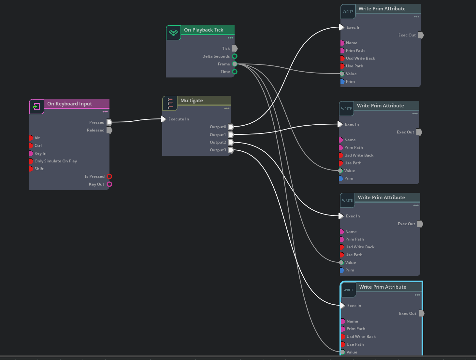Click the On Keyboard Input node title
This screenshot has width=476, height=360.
(x=69, y=104)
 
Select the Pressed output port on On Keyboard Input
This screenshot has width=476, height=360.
(x=109, y=122)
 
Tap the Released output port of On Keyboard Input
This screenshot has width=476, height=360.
(x=109, y=130)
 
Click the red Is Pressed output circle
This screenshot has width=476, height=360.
(x=109, y=176)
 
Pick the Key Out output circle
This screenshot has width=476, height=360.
(x=109, y=184)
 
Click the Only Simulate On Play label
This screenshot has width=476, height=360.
(x=56, y=161)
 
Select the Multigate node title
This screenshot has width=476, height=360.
(x=192, y=101)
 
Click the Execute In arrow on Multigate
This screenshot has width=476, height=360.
(x=164, y=119)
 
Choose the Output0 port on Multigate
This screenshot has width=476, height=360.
(x=231, y=127)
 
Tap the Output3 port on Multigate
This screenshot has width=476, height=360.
(x=231, y=150)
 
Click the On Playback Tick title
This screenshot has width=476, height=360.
(x=204, y=30)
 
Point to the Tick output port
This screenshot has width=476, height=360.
(x=235, y=48)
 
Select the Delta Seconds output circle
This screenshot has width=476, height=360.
(x=235, y=56)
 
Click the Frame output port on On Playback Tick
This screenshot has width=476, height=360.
(x=235, y=64)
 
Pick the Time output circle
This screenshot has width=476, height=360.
(x=235, y=72)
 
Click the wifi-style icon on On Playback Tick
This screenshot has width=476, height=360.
(x=173, y=33)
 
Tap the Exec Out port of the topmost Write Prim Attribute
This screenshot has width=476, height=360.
(x=421, y=35)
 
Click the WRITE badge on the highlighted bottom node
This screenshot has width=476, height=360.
(x=349, y=290)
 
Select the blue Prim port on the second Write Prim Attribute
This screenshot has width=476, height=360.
(x=340, y=178)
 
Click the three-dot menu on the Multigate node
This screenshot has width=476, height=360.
(x=227, y=108)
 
